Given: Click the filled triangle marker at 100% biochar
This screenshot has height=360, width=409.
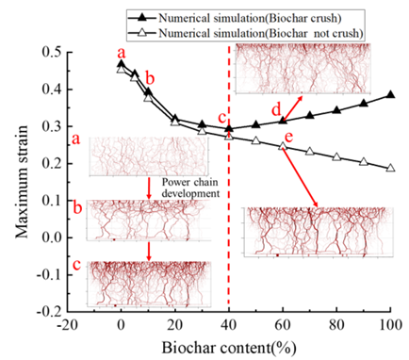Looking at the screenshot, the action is coord(390,95).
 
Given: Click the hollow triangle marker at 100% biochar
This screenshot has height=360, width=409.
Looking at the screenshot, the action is coord(390,168).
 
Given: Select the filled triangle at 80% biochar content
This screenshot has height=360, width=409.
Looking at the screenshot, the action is coord(336,110).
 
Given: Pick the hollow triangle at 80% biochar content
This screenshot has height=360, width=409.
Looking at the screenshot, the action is coord(336,156).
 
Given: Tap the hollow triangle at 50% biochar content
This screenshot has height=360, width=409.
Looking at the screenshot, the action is coord(256,140).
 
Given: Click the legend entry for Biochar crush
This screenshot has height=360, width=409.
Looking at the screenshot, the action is coord(235,18).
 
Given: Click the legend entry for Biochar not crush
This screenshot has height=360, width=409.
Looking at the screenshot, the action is coord(246,33).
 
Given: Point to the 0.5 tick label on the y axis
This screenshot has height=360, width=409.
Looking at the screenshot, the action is coord(53,52).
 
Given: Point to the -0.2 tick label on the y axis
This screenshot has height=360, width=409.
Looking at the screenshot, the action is coord(50,312).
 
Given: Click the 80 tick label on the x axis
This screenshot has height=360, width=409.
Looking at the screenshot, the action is coord(336,324).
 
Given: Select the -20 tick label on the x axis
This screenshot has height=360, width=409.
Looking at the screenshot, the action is coord(67,324).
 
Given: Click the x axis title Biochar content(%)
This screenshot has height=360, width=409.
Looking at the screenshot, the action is coord(229,348).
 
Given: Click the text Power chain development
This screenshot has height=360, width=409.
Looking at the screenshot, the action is coord(190,188).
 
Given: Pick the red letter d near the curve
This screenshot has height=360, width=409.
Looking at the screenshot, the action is coord(276,110).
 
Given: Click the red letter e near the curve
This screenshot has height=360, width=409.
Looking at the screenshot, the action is coord(288,137).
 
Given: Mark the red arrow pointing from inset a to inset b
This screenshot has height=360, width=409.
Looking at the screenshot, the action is coord(149,188).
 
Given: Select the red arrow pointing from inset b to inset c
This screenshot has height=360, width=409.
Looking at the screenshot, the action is coord(149,251).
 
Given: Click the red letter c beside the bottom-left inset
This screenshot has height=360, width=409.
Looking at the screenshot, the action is coord(76,265).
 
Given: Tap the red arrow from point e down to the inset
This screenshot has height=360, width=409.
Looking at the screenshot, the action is coord(301,177).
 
